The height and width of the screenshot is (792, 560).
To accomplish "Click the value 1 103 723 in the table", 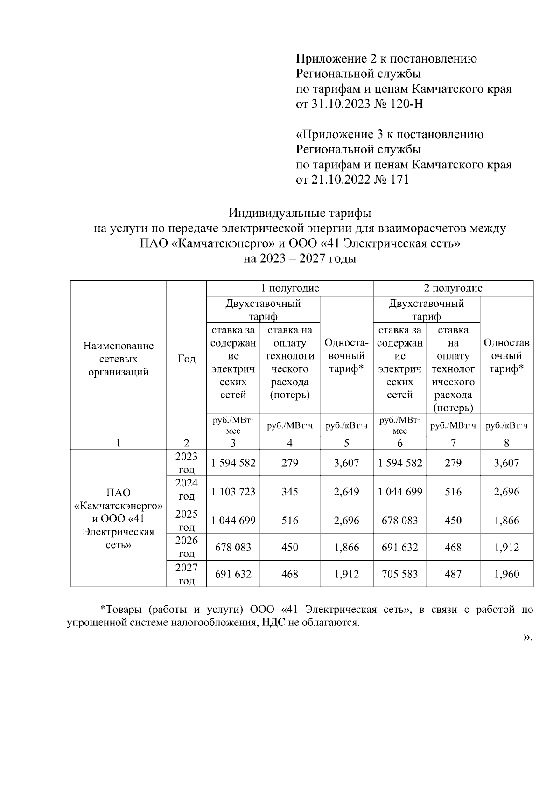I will [x=233, y=492].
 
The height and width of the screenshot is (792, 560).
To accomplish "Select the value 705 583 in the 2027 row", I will [x=399, y=574].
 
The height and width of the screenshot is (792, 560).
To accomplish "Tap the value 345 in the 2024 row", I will [x=290, y=492].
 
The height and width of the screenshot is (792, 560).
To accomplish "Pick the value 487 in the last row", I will [x=453, y=574].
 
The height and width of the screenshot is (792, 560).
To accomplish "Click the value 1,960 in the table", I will [x=506, y=574].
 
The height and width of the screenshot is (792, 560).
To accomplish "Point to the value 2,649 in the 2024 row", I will [x=346, y=492].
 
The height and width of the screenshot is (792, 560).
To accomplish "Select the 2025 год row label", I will [x=186, y=521].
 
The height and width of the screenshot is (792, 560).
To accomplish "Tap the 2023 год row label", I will [x=186, y=463].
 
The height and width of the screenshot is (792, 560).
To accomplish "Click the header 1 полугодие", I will [x=290, y=288].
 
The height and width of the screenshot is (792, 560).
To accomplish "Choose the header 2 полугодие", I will [x=453, y=288].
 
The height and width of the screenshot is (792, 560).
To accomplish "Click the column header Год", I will [x=186, y=359].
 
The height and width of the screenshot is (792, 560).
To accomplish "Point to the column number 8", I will [x=506, y=443].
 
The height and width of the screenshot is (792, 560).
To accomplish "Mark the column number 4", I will [x=290, y=443].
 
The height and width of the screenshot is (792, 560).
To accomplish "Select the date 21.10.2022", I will [x=340, y=180].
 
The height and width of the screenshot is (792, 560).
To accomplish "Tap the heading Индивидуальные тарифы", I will [x=300, y=214].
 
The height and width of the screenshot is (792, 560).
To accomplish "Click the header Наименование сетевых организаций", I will [x=119, y=359].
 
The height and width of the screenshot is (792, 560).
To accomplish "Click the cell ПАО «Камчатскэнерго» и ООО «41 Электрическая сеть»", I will [x=119, y=519].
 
